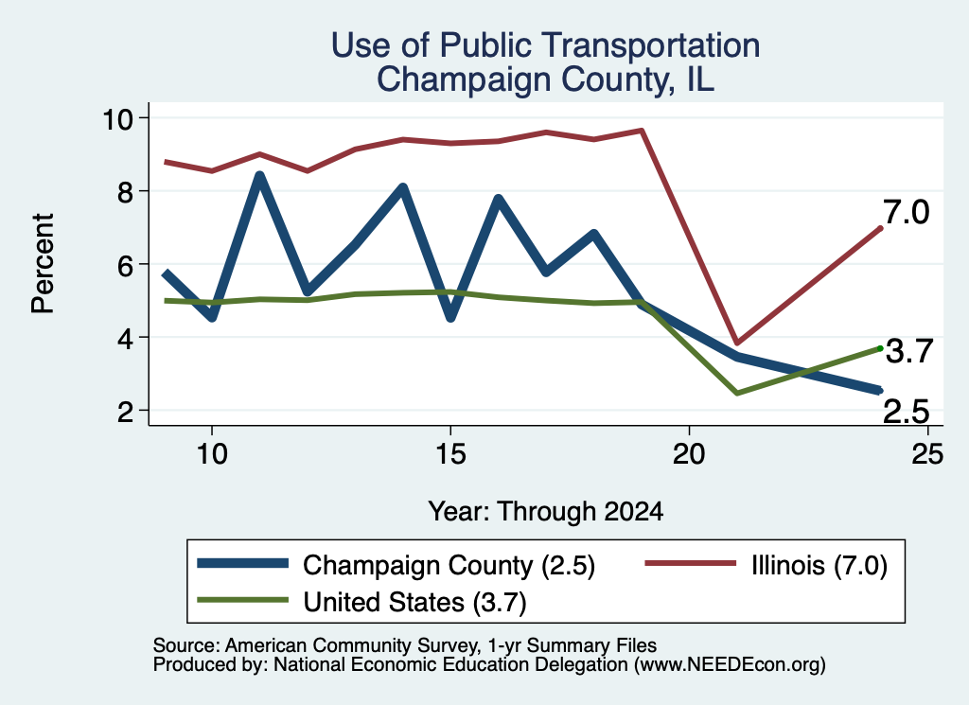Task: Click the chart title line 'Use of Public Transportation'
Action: coord(545,45)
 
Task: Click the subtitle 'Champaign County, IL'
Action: coord(545,79)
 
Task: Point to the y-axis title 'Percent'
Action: coord(43,264)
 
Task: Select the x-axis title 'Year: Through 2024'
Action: coord(546,512)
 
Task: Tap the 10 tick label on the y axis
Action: coord(117,118)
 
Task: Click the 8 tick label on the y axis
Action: coord(126,191)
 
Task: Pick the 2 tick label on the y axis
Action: coord(126,411)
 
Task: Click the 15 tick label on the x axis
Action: coord(450,455)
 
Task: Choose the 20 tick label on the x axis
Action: coord(689,455)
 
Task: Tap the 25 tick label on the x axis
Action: coord(927,455)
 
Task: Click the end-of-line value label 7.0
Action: coord(906,213)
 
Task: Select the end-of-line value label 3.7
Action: coord(909,352)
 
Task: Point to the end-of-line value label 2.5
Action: coord(906,412)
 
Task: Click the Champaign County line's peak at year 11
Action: coord(260,175)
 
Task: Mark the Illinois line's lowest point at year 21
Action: coord(736,343)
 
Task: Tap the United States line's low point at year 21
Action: coord(736,393)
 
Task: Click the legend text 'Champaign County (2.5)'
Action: coord(449,566)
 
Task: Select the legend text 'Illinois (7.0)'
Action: coord(819,566)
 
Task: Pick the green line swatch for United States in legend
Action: coord(243,600)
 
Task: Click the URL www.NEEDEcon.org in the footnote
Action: coord(729,665)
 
